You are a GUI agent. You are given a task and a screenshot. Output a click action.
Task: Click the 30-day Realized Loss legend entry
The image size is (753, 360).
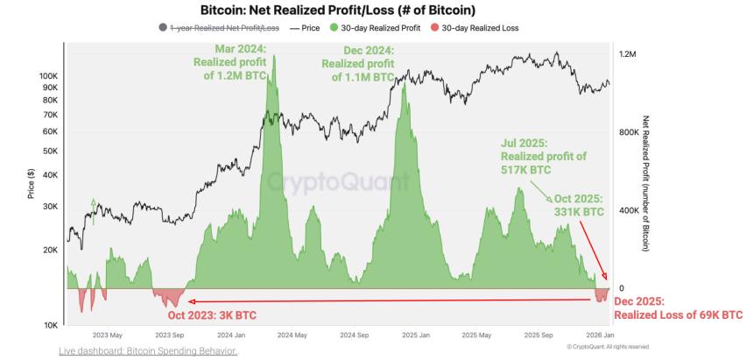[x=480, y=28]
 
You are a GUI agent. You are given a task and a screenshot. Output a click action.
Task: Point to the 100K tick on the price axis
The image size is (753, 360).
[x=48, y=76]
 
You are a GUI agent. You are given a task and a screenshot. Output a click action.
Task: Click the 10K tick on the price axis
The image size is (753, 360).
[x=50, y=325]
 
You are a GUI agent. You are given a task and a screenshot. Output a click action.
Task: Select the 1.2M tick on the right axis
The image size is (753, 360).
[x=627, y=54]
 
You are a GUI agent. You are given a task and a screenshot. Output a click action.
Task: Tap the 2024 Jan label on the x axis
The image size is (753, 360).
[x=231, y=335]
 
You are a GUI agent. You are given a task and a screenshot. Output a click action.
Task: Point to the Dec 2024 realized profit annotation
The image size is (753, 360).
[x=357, y=63]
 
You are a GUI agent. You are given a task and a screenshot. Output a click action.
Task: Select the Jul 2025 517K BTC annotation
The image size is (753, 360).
[x=544, y=156]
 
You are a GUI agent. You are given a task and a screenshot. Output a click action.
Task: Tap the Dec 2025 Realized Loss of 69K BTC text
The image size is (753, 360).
[x=678, y=308]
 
